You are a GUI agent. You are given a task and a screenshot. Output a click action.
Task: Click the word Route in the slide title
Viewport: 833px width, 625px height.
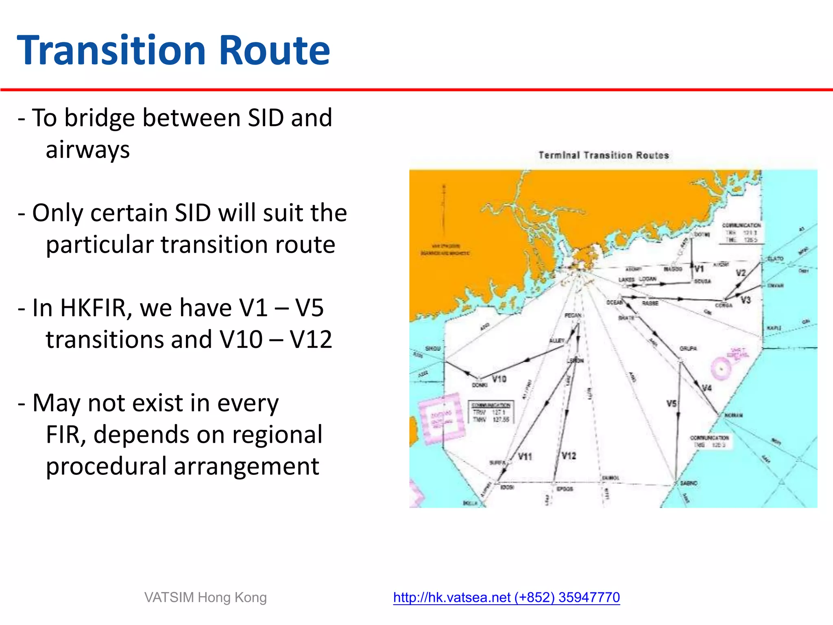275,50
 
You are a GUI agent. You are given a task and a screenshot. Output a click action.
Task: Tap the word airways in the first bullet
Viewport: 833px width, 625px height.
87,150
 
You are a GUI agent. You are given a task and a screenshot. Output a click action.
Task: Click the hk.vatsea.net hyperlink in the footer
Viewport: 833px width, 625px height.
506,597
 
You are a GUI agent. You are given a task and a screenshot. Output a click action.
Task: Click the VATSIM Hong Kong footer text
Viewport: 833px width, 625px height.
205,597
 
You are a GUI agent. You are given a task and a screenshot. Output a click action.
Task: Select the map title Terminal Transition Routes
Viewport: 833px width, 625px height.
604,155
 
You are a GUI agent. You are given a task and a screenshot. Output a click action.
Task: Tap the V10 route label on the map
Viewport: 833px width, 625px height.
499,379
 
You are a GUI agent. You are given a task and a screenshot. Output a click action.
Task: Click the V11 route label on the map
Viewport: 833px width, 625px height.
525,457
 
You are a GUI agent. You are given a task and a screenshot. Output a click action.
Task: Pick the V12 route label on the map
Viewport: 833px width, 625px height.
569,456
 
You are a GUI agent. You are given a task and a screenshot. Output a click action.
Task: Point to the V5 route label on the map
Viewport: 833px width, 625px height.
671,404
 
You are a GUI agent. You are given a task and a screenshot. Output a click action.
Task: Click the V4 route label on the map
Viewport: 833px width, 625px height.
707,388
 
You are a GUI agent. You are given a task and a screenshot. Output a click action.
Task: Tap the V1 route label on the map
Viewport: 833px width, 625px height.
699,269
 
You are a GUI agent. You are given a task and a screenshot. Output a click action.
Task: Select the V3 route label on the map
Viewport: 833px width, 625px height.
745,300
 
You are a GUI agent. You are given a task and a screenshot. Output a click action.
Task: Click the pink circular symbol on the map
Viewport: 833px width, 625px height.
721,369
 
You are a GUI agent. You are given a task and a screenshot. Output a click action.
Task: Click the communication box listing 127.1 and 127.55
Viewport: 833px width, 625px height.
491,413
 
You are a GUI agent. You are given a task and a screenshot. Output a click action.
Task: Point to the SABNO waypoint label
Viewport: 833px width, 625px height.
689,483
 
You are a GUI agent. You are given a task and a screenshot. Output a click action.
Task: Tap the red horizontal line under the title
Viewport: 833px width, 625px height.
416,90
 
